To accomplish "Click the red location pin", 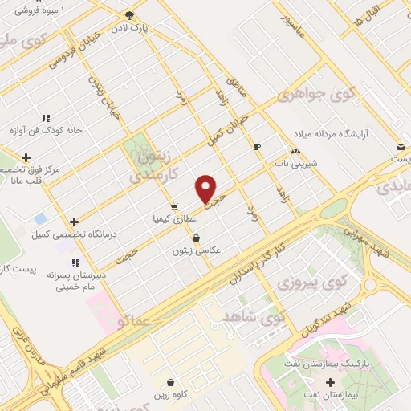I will [x=206, y=189].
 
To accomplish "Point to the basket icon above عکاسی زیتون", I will [x=197, y=238].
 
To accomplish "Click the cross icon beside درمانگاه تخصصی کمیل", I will [x=74, y=222].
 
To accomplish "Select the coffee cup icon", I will [x=257, y=146].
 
